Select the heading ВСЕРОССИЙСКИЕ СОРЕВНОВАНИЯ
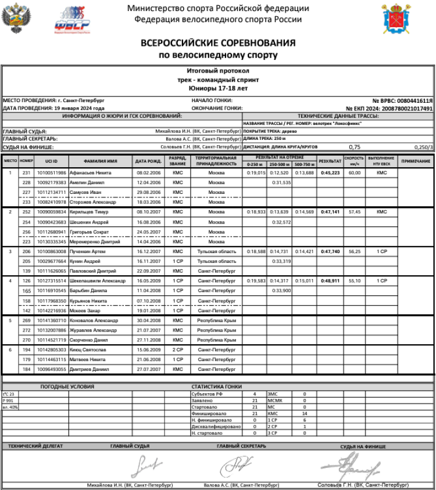coord(218,44)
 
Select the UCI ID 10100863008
coord(52,251)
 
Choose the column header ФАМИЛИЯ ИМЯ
coord(101,161)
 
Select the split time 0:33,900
coord(281,290)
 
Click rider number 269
coord(26,320)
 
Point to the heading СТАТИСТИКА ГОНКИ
coord(217,386)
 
